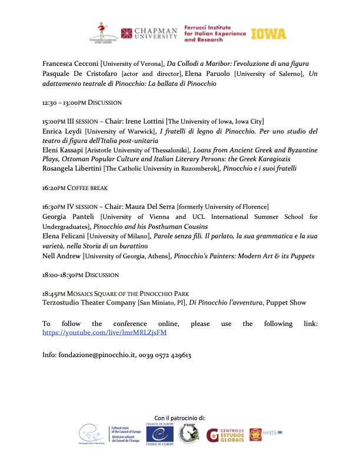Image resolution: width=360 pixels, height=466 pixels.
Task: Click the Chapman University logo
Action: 148,33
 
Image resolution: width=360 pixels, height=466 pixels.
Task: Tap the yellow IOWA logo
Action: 269,34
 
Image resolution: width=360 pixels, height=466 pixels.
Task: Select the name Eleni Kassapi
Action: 63,150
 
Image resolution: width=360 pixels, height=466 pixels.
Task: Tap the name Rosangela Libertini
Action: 72,168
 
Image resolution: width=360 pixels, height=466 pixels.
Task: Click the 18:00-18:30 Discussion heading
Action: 80,275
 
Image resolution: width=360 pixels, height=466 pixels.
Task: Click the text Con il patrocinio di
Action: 180,417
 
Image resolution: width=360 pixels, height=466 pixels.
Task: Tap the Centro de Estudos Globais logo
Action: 225,435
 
